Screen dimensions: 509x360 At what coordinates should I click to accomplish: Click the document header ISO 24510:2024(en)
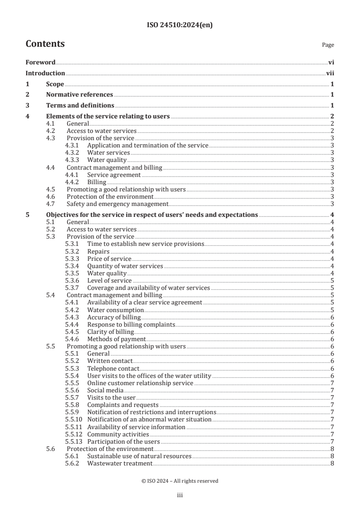coord(180,25)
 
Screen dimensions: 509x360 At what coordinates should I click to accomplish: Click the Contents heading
coord(45,44)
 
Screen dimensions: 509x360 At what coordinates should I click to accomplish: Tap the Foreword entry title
coord(40,63)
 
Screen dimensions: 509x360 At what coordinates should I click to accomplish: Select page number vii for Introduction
coord(330,73)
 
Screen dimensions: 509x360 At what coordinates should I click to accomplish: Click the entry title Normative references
coord(79,95)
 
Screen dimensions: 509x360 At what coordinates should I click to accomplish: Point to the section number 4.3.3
coord(73,160)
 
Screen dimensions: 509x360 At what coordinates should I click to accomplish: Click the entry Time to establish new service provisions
coord(145,244)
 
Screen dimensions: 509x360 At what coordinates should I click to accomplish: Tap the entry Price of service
coord(109,259)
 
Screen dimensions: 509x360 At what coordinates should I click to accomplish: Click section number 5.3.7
coord(73,288)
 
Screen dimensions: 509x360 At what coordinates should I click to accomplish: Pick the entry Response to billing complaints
coord(131,325)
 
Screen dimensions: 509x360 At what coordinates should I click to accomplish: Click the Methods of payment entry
coord(116,339)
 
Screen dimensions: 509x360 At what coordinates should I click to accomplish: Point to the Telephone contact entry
coord(113,369)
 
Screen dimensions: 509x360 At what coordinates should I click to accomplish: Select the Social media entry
coord(105,391)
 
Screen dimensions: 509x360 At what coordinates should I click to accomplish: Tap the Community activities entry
coord(118,435)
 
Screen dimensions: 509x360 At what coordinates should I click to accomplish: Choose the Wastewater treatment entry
coord(119,464)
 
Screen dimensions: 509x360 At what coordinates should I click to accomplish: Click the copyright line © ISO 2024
coord(180,481)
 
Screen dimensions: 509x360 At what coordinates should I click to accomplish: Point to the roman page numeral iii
coord(180,496)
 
